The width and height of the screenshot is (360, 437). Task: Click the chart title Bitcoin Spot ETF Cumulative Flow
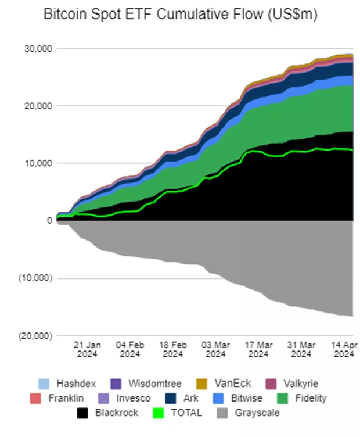[181, 16]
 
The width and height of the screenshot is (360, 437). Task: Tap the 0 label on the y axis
[49, 220]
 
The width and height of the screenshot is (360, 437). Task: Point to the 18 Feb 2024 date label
[173, 349]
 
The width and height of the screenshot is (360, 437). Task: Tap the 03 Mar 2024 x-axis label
[215, 349]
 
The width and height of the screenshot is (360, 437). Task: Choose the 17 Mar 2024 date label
[258, 349]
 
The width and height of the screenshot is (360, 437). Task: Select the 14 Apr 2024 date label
[343, 349]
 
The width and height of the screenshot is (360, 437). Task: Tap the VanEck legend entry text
[233, 384]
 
